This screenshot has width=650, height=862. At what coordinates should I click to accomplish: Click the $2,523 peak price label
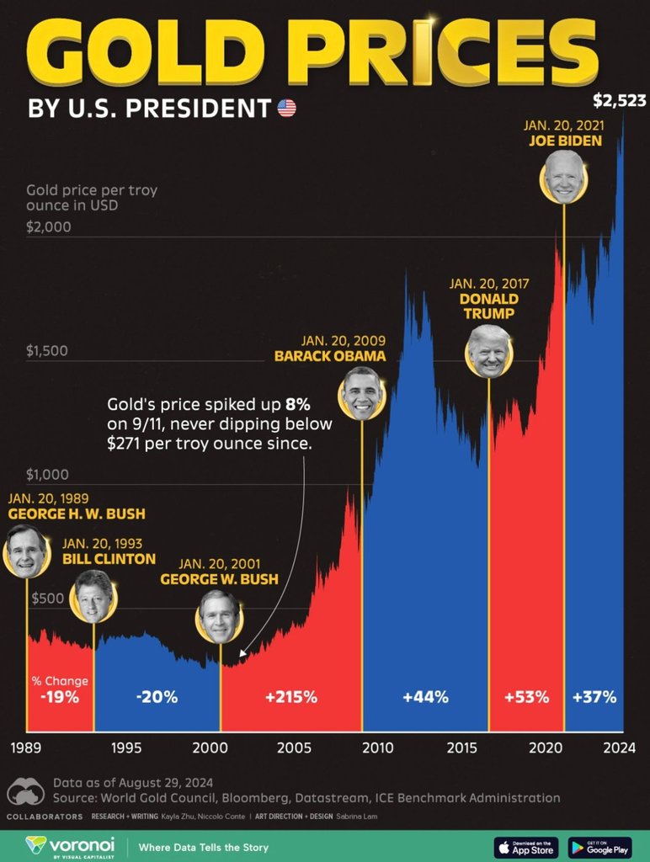[619, 102]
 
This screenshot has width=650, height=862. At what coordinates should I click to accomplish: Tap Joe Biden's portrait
[563, 177]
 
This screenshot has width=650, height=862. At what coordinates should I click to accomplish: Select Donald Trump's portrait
[489, 351]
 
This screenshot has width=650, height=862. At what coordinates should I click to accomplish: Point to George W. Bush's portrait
[220, 617]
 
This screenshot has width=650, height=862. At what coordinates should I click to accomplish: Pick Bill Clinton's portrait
[94, 596]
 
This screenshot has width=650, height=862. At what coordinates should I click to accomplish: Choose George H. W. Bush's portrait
[25, 551]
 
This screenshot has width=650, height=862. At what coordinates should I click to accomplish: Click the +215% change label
[290, 697]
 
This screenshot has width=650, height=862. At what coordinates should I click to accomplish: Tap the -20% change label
[157, 697]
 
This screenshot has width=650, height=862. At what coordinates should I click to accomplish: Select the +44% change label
[425, 697]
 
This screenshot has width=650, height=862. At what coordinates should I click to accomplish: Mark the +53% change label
[526, 697]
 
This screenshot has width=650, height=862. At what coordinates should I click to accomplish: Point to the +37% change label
[594, 697]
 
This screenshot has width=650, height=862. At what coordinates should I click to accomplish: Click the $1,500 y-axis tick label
[48, 351]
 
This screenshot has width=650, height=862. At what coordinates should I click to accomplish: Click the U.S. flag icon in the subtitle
[287, 108]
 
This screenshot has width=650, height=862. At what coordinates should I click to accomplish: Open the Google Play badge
[599, 846]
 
